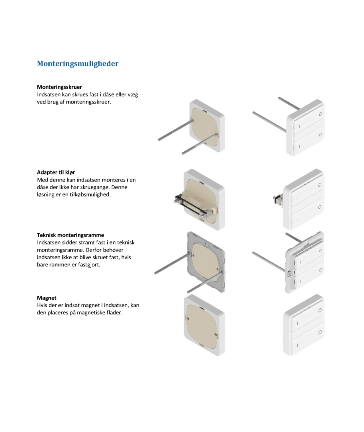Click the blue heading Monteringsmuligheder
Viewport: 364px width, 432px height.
point(78,64)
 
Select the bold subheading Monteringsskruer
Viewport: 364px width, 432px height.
point(59,87)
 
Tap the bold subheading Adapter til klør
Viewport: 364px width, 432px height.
point(56,172)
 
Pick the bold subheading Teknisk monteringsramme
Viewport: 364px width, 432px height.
point(70,235)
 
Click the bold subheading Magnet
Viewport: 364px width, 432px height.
point(46,298)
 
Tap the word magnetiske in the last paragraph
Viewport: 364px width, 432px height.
point(91,313)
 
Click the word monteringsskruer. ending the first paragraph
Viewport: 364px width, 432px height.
point(88,102)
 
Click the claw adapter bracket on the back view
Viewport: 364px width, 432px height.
point(195,205)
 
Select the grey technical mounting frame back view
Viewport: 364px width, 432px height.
point(206,262)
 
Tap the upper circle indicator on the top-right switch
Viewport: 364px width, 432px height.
point(320,114)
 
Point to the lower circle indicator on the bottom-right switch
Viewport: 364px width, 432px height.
point(320,332)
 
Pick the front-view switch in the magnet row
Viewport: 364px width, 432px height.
point(304,325)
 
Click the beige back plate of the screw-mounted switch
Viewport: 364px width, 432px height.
point(205,127)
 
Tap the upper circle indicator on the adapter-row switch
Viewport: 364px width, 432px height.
point(320,185)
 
